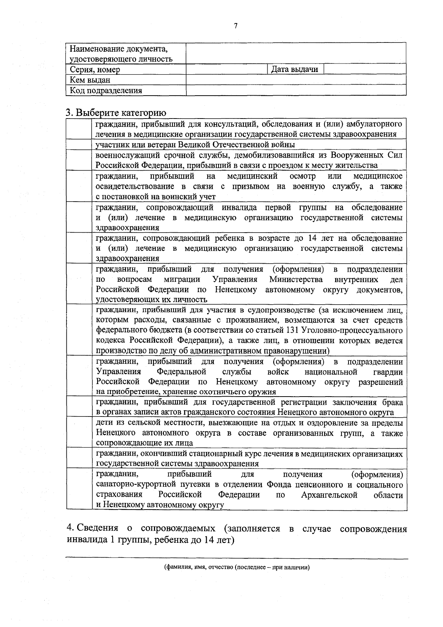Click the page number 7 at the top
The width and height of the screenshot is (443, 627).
236,25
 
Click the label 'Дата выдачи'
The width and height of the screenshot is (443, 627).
295,69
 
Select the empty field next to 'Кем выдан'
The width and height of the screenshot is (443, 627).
296,80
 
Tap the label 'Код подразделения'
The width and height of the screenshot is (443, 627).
106,90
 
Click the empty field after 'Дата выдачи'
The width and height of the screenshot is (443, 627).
365,69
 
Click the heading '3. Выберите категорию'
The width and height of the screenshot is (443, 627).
116,113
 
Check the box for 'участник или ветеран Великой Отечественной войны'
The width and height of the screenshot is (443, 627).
79,144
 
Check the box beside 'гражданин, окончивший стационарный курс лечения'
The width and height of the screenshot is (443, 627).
79,458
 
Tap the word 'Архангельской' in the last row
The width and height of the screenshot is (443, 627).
329,495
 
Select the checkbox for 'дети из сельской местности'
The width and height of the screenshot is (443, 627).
79,432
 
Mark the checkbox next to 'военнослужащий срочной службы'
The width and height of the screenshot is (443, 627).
79,160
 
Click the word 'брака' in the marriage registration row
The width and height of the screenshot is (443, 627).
392,402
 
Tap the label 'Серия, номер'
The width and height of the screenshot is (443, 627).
95,69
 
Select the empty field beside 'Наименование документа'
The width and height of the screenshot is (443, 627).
296,53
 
